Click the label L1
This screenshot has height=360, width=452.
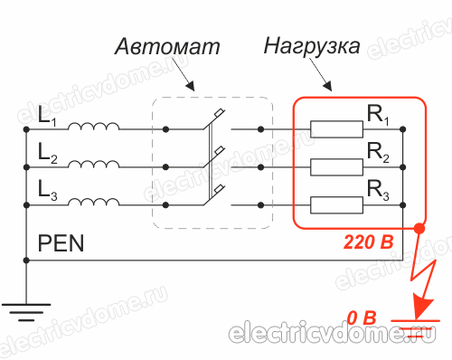pos(46,117)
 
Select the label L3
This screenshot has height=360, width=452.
pos(46,187)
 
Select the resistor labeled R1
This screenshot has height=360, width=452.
pos(337,129)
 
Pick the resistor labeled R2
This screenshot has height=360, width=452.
pos(337,166)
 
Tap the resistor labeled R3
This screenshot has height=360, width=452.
pos(337,204)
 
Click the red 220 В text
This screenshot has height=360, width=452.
pos(370,243)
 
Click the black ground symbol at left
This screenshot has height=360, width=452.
pos(28,313)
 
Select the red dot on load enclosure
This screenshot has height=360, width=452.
pos(417,228)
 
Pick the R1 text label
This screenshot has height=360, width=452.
pos(377,114)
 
